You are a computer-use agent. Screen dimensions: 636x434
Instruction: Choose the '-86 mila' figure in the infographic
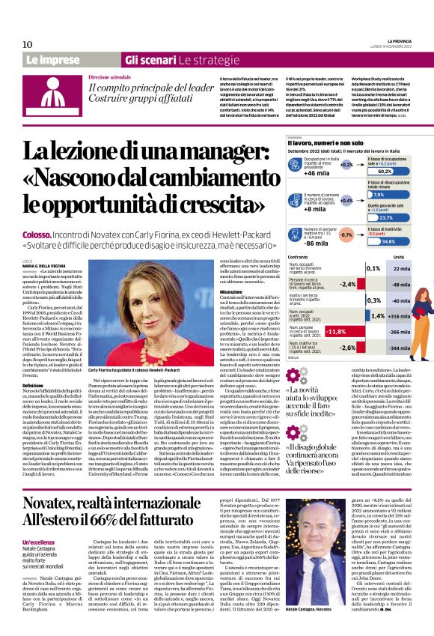317,243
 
